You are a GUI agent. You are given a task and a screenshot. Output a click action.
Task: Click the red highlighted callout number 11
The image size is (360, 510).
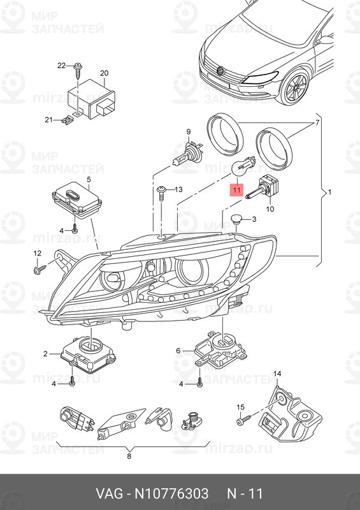click(x=236, y=189)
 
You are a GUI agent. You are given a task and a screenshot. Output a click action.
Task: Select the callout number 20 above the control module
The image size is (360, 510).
click(x=104, y=73)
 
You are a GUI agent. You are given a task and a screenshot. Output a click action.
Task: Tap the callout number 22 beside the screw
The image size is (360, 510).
click(x=61, y=66)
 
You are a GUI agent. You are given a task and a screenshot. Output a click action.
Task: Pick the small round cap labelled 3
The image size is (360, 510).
click(x=237, y=221)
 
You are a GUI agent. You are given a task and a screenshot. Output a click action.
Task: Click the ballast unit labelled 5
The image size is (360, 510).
click(x=72, y=196)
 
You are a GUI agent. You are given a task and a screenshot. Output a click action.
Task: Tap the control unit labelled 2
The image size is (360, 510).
click(x=88, y=353)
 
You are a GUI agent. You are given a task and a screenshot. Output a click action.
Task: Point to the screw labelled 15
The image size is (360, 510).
click(x=246, y=421)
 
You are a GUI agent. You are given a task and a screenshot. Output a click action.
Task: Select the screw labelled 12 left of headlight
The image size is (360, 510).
click(x=38, y=270)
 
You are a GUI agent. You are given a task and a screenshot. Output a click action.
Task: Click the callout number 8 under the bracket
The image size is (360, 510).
click(x=129, y=456)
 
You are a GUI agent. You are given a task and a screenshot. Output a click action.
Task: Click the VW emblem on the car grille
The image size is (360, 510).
click(x=221, y=70)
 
